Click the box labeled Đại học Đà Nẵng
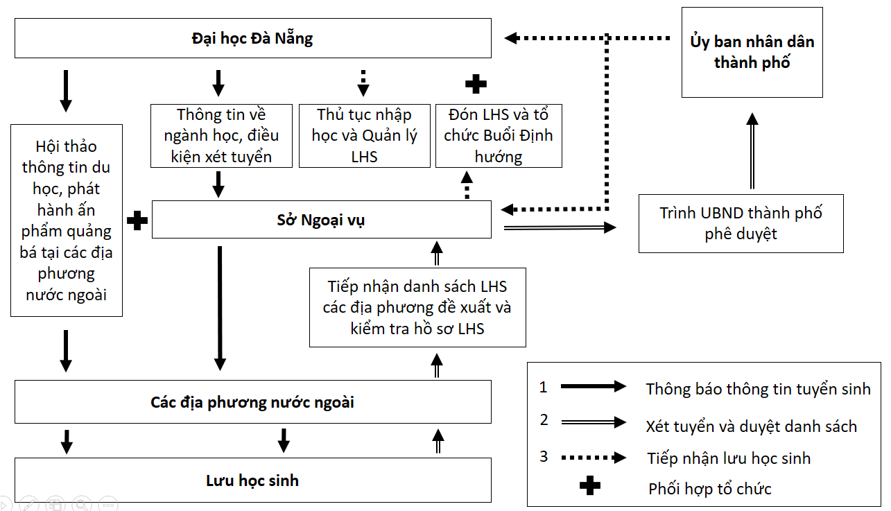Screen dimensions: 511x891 252,38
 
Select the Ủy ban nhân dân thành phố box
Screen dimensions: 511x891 752,52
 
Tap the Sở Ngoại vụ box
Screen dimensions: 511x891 321,220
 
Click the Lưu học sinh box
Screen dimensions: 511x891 252,480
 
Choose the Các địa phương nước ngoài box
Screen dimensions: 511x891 252,401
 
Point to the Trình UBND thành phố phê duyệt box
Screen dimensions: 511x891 741,223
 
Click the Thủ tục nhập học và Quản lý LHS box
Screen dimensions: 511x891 364,135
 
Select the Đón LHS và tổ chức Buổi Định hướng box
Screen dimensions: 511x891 498,135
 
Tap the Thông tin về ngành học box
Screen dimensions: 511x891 220,135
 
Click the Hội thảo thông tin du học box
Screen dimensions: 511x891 66,220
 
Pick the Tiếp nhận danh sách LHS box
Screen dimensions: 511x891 417,307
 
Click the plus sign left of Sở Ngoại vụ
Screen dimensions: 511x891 137,220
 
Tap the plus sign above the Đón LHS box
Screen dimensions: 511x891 475,84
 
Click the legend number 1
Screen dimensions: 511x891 544,387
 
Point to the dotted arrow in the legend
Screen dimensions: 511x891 593,457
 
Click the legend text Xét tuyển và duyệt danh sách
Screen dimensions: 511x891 751,426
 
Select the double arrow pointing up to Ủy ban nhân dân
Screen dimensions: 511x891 752,152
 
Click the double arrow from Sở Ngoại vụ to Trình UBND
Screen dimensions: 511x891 559,227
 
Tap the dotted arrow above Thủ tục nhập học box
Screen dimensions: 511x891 363,82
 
